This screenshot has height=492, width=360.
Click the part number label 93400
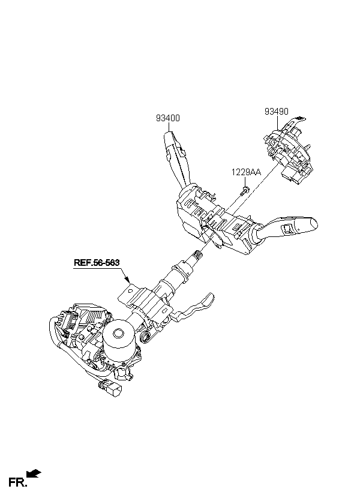pyautogui.click(x=168, y=118)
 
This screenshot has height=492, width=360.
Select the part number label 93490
pyautogui.click(x=276, y=112)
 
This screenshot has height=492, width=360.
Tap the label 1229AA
pyautogui.click(x=246, y=172)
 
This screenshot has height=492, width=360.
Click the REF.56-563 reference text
pyautogui.click(x=97, y=263)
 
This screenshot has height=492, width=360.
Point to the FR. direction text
pyautogui.click(x=17, y=482)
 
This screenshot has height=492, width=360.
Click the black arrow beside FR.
pyautogui.click(x=34, y=473)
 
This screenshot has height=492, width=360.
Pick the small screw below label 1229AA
pyautogui.click(x=244, y=191)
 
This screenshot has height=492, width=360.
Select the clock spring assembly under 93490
pyautogui.click(x=288, y=150)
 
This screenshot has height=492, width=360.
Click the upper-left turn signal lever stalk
pyautogui.click(x=177, y=160)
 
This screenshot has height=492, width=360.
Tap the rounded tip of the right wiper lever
pyautogui.click(x=313, y=223)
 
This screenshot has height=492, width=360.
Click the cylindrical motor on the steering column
pyautogui.click(x=119, y=341)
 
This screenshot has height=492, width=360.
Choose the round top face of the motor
pyautogui.click(x=118, y=333)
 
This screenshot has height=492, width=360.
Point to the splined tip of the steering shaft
pyautogui.click(x=198, y=255)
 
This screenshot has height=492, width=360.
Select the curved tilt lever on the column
pyautogui.click(x=193, y=308)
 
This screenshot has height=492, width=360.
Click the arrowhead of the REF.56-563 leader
pyautogui.click(x=127, y=279)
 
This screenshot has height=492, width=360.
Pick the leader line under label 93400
pyautogui.click(x=169, y=127)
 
